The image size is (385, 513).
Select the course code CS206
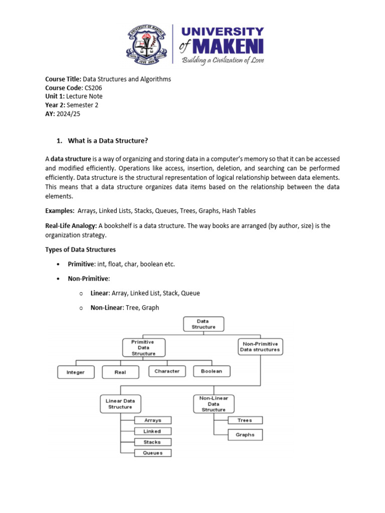click(x=94, y=88)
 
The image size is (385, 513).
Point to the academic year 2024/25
click(x=68, y=114)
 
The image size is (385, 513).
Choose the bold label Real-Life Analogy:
click(x=71, y=226)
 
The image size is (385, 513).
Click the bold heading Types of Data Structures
click(x=80, y=249)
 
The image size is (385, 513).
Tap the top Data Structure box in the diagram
click(x=203, y=324)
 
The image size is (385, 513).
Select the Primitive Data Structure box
click(x=143, y=347)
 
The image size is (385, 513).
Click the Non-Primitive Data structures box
click(x=260, y=347)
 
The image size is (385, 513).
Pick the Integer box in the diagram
click(x=75, y=372)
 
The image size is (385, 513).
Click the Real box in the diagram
click(x=120, y=372)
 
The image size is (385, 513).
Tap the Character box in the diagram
click(x=167, y=371)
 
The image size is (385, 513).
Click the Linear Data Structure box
click(x=120, y=404)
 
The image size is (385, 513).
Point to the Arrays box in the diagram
click(x=152, y=420)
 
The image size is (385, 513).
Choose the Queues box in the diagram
click(x=152, y=453)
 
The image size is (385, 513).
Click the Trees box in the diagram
click(x=245, y=420)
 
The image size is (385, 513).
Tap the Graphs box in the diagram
click(x=245, y=435)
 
